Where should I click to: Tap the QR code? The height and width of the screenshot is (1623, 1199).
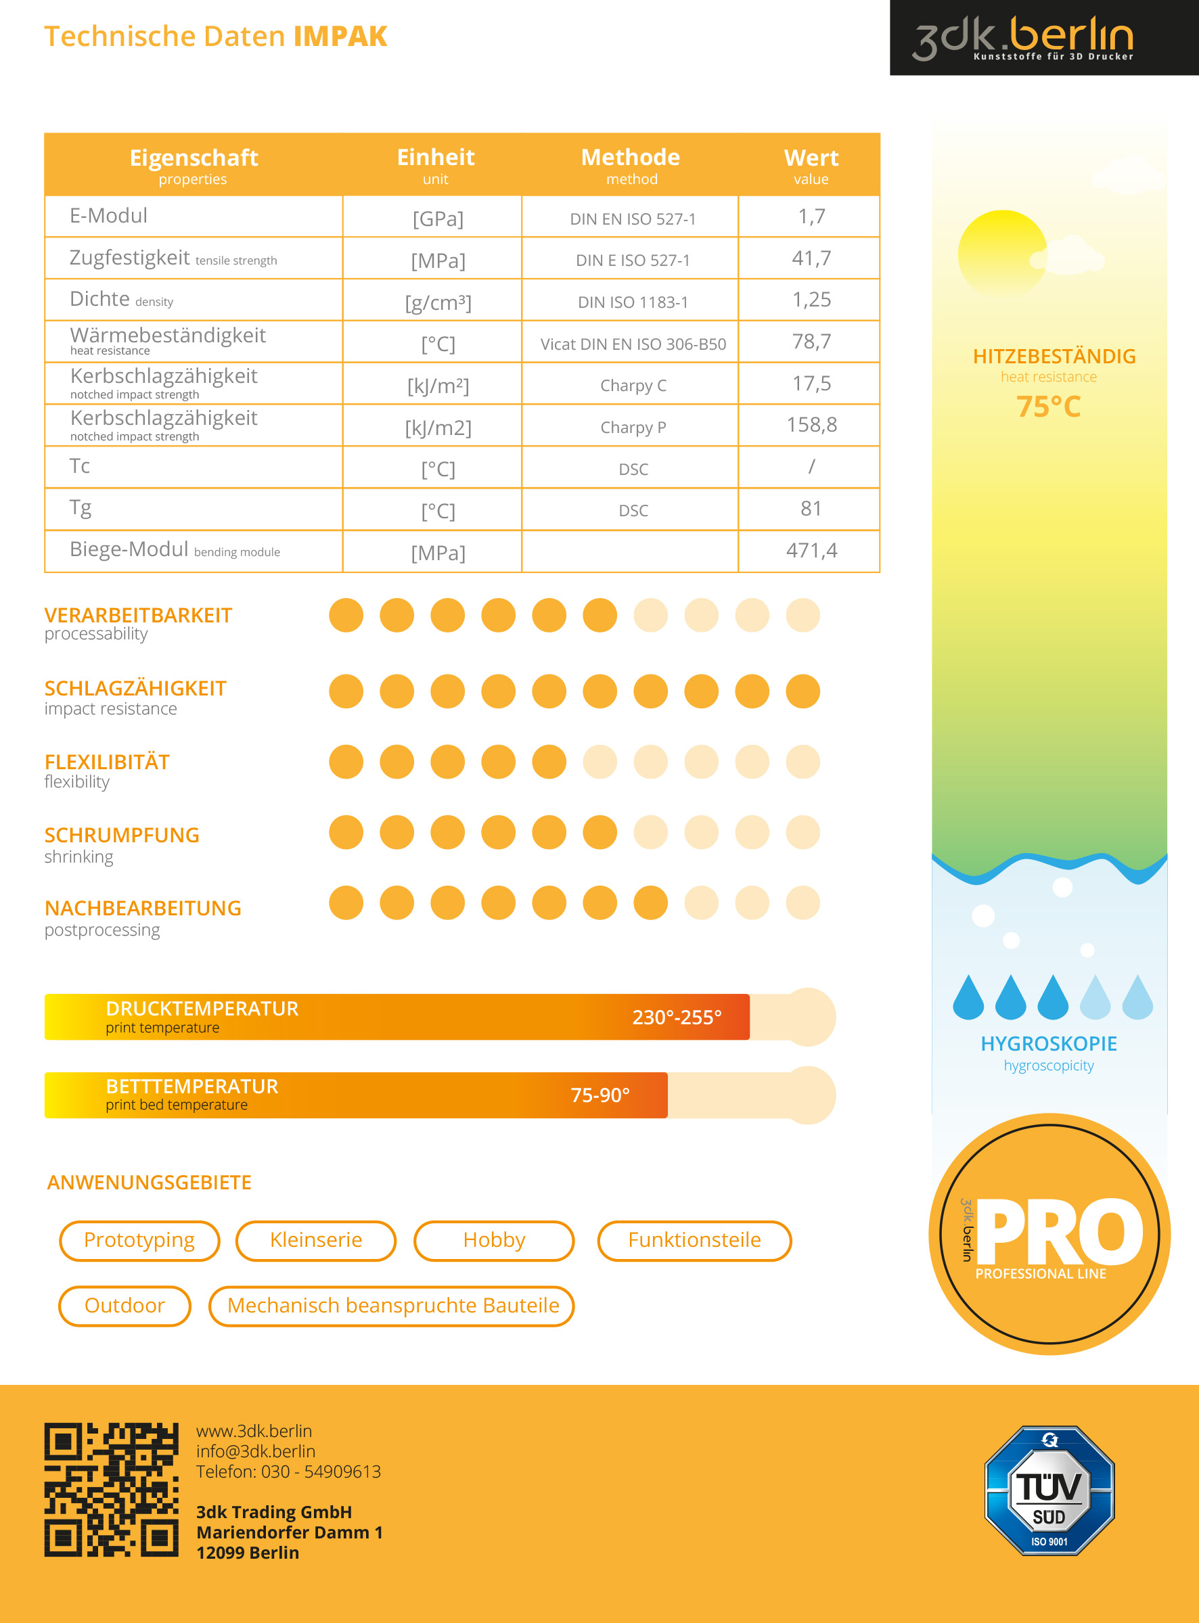tap(111, 1489)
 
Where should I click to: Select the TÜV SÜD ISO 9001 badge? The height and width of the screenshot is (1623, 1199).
tap(1049, 1490)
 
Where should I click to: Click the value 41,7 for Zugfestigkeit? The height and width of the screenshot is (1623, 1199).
tap(811, 258)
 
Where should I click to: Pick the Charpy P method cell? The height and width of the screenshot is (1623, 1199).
tap(633, 428)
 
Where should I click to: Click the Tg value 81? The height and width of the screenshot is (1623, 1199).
tap(811, 509)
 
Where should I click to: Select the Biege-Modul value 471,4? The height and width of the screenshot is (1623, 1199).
tap(811, 551)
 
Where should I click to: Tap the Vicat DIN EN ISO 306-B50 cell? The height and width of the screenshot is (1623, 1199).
tap(633, 344)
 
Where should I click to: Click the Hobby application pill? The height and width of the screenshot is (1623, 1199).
tap(493, 1240)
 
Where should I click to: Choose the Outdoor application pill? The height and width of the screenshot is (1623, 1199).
tap(124, 1305)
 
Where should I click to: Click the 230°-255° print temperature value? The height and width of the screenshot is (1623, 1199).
tap(677, 1018)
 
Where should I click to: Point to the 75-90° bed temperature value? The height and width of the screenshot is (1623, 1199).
tap(599, 1095)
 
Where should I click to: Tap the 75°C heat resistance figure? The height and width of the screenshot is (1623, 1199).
tap(1048, 407)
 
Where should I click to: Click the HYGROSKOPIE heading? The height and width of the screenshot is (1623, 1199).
tap(1048, 1043)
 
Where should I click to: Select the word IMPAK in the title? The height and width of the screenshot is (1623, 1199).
tap(340, 37)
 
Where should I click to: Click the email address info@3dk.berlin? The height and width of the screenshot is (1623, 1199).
tap(256, 1451)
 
